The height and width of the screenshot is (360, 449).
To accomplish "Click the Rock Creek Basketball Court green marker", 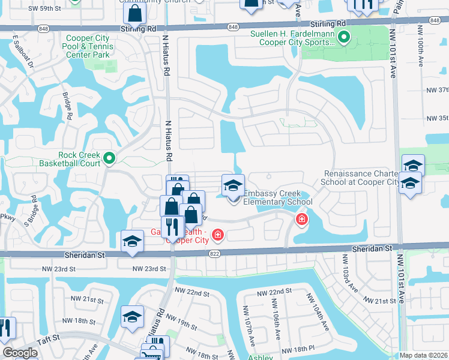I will click(109, 158).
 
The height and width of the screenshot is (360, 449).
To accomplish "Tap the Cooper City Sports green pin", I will click(343, 38).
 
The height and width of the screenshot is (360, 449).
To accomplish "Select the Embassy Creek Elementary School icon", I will click(233, 185).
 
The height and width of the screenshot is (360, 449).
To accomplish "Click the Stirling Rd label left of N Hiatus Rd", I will click(137, 28).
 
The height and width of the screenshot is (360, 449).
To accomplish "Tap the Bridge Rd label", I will click(68, 106).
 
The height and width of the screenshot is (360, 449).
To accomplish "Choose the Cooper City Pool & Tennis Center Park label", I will click(88, 46).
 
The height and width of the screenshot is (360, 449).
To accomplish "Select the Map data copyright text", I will click(424, 355).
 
